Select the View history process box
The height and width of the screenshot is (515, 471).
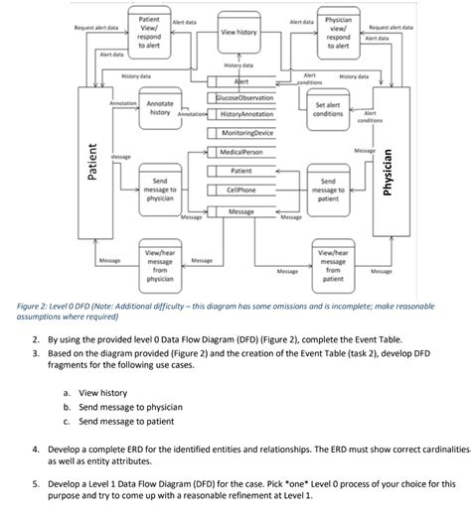click(x=239, y=33)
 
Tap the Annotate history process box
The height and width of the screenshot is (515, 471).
click(x=159, y=109)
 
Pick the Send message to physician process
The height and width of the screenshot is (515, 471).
click(x=159, y=190)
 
